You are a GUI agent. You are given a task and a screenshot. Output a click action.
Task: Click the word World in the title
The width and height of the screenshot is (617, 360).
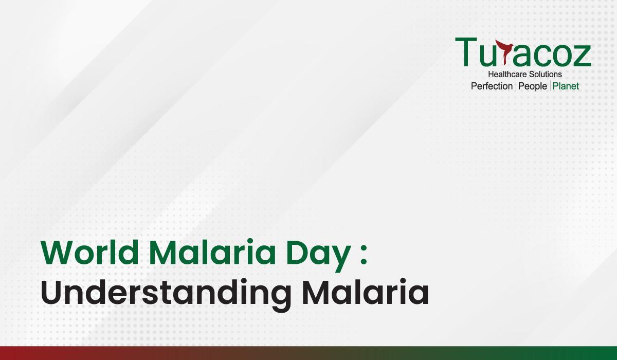click(x=90, y=252)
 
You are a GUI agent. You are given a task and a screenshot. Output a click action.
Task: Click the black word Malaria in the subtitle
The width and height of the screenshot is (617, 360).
click(x=365, y=291)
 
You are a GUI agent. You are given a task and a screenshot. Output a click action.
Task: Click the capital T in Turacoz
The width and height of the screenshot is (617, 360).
click(x=466, y=52)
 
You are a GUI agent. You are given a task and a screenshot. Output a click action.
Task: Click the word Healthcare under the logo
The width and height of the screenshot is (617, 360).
click(x=505, y=75)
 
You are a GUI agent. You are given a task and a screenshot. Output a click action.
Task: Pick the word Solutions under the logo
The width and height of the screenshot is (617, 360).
click(x=543, y=75)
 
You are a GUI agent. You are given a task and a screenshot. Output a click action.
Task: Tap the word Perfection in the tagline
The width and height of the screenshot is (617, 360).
click(x=492, y=86)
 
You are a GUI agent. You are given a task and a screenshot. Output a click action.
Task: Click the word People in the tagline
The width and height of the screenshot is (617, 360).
click(x=533, y=86)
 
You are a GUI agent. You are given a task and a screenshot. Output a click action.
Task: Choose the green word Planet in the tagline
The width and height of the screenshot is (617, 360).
click(x=566, y=86)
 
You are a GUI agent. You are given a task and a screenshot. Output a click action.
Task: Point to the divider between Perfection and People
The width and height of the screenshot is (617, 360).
click(x=516, y=86)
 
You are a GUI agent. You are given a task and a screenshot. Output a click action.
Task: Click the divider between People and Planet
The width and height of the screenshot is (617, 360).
click(x=550, y=86)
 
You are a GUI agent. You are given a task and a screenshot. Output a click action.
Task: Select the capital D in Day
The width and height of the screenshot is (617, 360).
click(x=297, y=253)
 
